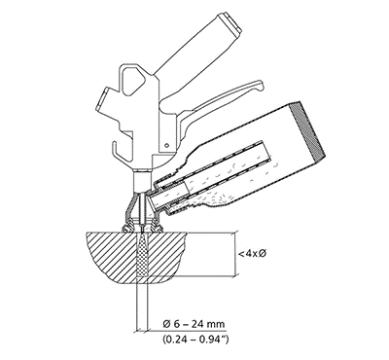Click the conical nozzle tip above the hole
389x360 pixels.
tap(145, 220)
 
